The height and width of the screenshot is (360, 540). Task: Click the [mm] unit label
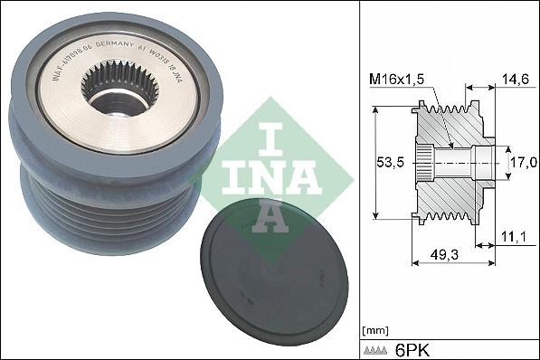[x=374, y=328]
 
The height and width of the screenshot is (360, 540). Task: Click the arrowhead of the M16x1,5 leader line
[x=450, y=145]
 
